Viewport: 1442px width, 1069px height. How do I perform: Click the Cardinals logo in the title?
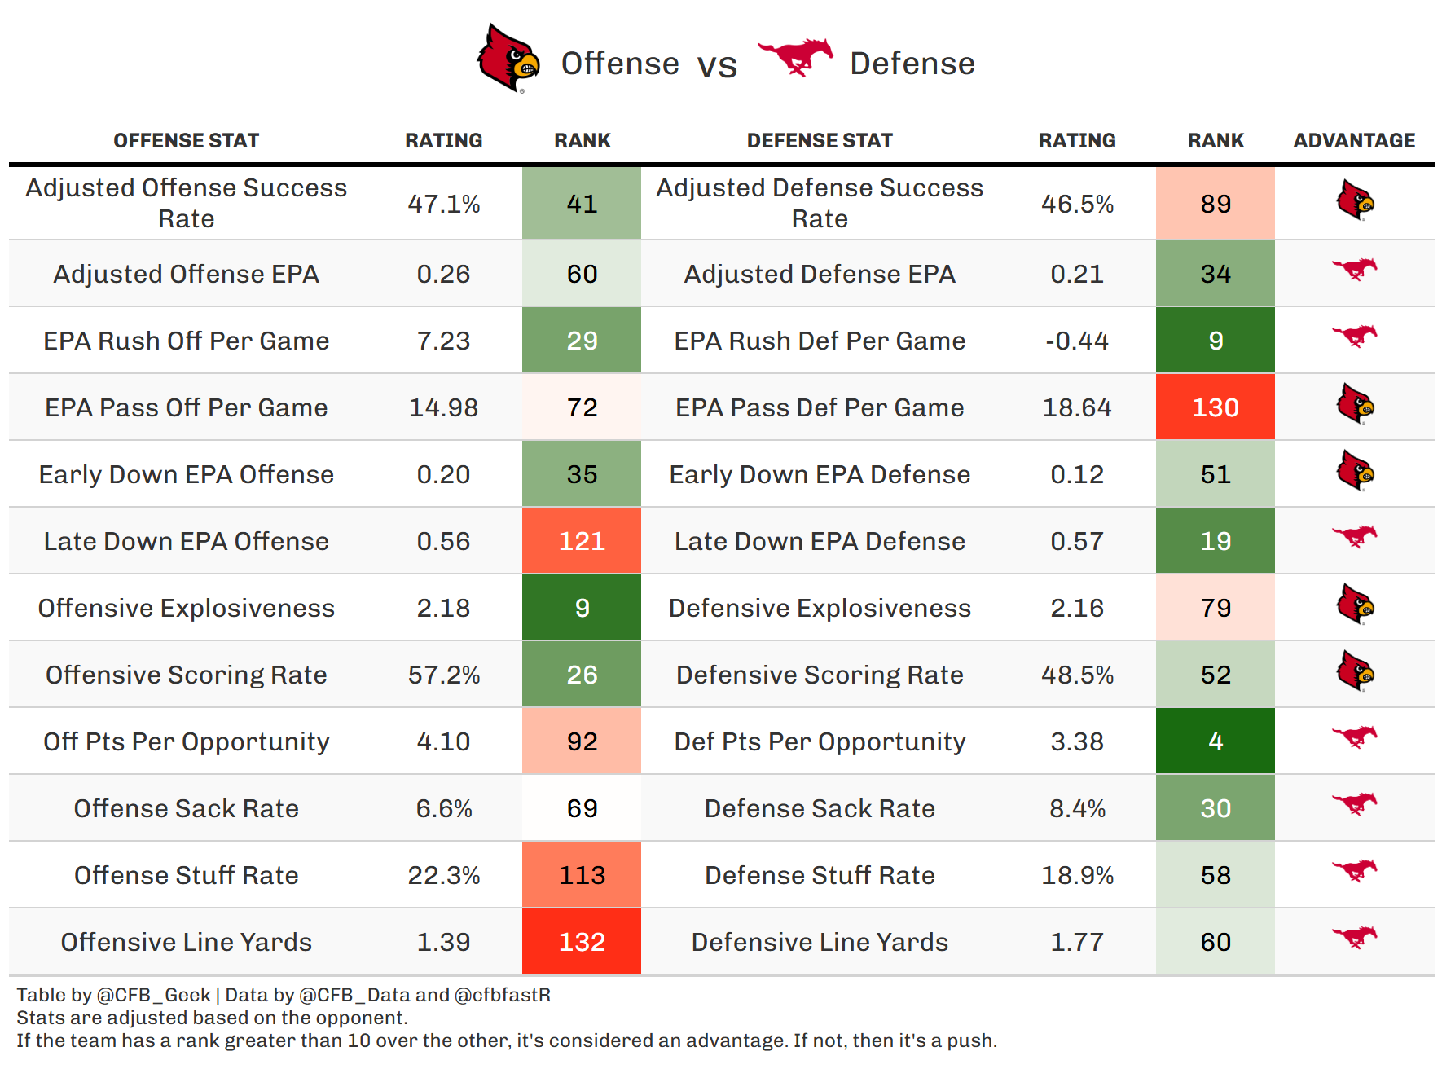pos(508,59)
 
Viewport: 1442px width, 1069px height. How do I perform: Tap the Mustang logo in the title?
pos(795,57)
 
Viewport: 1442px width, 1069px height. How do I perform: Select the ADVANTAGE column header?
pos(1354,141)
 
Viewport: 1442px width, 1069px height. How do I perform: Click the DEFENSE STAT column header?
pos(820,141)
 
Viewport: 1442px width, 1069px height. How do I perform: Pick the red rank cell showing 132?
pos(582,942)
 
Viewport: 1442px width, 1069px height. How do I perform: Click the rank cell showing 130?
pos(1216,407)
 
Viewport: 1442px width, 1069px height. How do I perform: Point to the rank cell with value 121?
pos(582,541)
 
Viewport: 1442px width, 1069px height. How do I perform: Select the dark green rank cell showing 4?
pos(1216,741)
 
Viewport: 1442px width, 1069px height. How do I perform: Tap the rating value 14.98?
pos(443,407)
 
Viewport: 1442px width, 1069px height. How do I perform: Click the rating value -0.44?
pos(1077,341)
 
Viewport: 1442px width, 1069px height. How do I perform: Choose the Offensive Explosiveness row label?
pos(187,608)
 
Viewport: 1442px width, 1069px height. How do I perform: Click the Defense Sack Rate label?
pos(820,808)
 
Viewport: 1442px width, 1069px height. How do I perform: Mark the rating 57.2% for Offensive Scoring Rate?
pos(443,675)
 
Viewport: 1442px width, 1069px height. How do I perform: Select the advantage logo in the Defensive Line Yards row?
pos(1355,937)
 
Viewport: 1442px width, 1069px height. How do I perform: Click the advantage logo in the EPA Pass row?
pos(1355,404)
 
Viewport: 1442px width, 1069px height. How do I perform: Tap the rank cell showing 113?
pos(582,875)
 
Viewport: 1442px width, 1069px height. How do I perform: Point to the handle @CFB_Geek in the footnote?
pos(154,995)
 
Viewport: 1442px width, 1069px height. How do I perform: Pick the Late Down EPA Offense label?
pos(187,541)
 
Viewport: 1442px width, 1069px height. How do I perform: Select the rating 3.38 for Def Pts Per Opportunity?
pos(1077,741)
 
